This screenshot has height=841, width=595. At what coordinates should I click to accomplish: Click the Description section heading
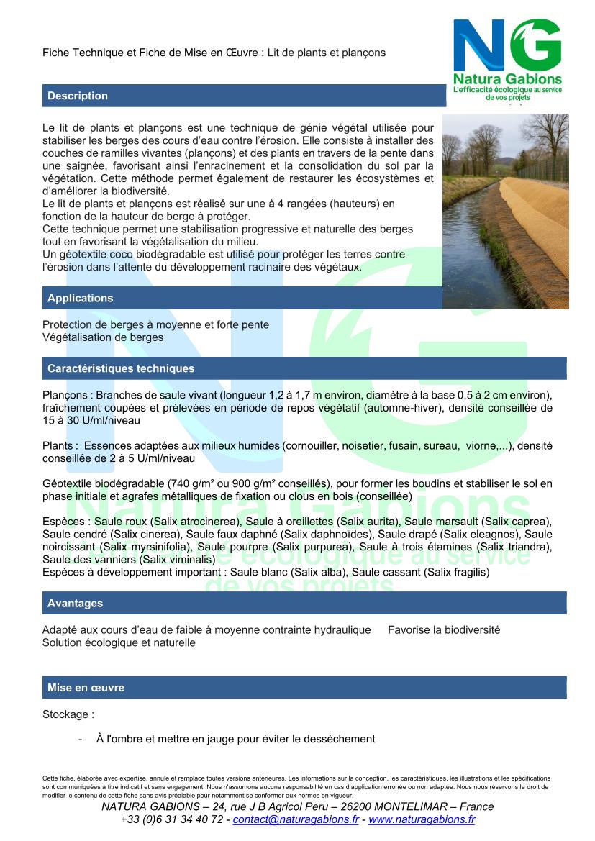coord(78,96)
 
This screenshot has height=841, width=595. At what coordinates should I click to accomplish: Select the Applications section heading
coord(81,298)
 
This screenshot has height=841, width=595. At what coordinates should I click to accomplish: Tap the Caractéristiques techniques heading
coord(121,368)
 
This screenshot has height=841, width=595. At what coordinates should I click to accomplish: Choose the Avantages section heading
coord(76,603)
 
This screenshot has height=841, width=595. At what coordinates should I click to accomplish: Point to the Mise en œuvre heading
coord(86,688)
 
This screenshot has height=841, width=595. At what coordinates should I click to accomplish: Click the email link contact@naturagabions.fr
coord(296,819)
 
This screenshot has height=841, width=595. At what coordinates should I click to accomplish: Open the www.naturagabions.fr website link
coord(422,819)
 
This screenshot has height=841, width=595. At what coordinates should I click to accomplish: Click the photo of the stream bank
coord(505,211)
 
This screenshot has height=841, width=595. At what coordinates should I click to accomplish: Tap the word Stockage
coord(66,715)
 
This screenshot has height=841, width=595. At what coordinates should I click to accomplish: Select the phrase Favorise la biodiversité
coord(444,629)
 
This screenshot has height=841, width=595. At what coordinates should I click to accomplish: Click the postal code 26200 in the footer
coord(342,806)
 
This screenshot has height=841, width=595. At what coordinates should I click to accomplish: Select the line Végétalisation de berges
coord(103,337)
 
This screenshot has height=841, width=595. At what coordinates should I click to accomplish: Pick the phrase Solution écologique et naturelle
coord(119,642)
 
